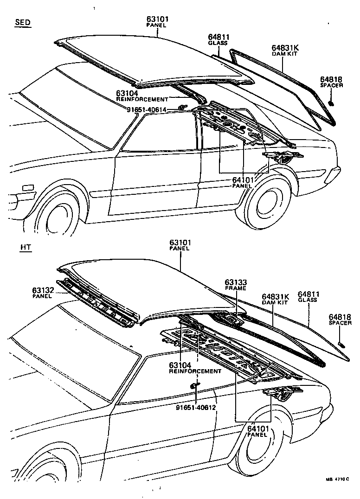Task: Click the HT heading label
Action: tap(26, 247)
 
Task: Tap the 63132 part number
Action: tap(43, 290)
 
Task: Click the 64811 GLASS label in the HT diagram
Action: tap(308, 297)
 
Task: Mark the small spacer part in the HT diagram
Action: tap(342, 344)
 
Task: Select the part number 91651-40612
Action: tap(196, 408)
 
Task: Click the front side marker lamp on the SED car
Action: tap(28, 187)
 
